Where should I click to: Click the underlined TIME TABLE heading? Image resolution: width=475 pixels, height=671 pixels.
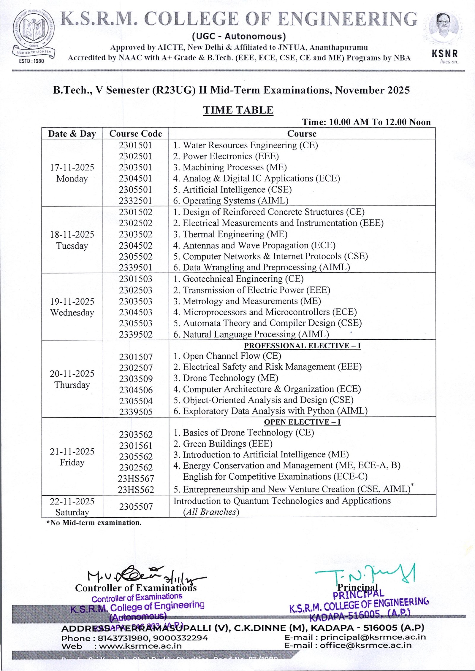(238, 110)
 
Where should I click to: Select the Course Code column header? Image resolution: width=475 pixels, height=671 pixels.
(136, 133)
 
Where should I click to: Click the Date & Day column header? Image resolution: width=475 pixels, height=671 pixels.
(72, 133)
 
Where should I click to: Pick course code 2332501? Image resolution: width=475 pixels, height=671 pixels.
(135, 201)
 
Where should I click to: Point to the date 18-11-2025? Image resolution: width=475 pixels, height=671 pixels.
(72, 234)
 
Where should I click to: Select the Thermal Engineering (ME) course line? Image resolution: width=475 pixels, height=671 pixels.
(230, 234)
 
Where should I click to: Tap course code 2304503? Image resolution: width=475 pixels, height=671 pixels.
(136, 312)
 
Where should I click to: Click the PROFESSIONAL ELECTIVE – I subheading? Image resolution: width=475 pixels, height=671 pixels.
(302, 346)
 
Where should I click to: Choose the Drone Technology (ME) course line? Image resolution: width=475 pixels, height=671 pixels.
(226, 378)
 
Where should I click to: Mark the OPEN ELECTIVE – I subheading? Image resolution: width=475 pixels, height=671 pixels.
(302, 422)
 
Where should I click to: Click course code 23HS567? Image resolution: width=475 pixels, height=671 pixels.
(136, 478)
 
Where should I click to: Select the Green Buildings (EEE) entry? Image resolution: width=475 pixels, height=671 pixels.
(223, 444)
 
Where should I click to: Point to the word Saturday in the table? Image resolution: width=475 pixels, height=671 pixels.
(72, 512)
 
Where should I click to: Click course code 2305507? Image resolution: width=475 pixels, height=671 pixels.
(136, 507)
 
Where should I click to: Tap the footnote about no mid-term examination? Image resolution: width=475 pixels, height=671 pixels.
(94, 523)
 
